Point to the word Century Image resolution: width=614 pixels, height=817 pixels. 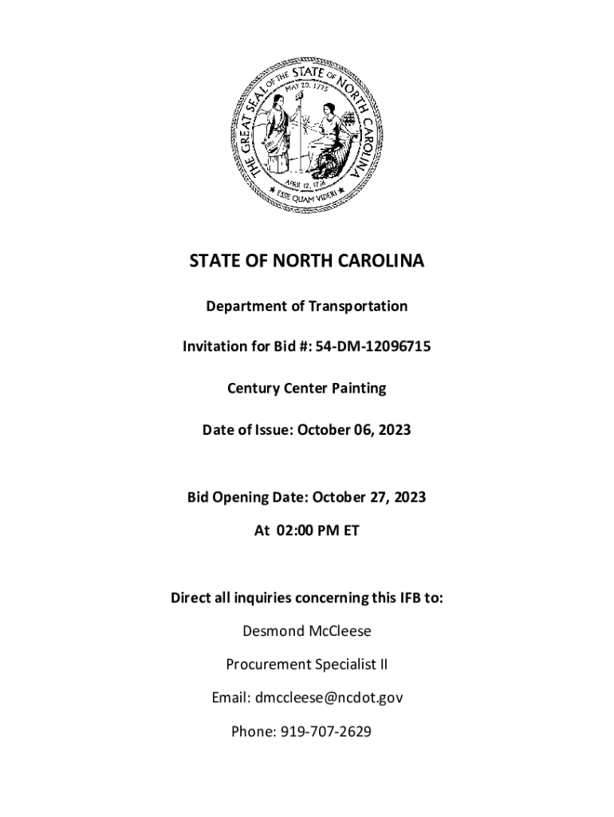pos(254,389)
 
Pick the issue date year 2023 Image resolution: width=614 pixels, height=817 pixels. pos(395,430)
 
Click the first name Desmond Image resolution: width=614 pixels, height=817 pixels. pos(273,631)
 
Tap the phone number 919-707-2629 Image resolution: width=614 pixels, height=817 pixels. pos(325,731)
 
